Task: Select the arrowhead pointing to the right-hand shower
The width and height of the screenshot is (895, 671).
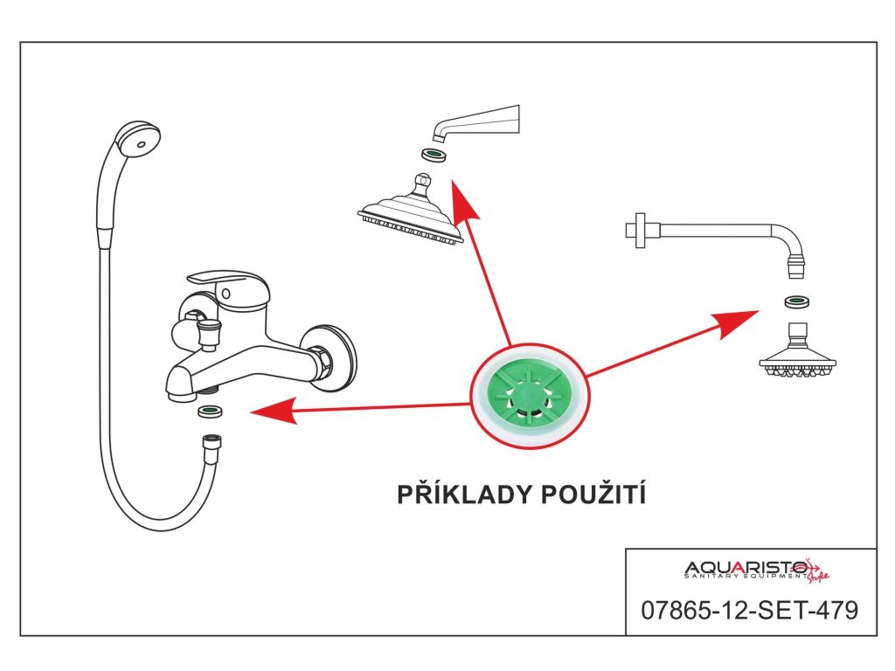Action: [739, 321]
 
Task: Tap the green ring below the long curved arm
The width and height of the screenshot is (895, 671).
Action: [796, 303]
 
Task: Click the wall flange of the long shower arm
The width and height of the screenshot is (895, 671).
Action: [647, 231]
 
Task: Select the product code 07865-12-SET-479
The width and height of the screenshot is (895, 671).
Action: [751, 610]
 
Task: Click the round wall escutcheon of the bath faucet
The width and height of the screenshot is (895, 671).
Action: [337, 358]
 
